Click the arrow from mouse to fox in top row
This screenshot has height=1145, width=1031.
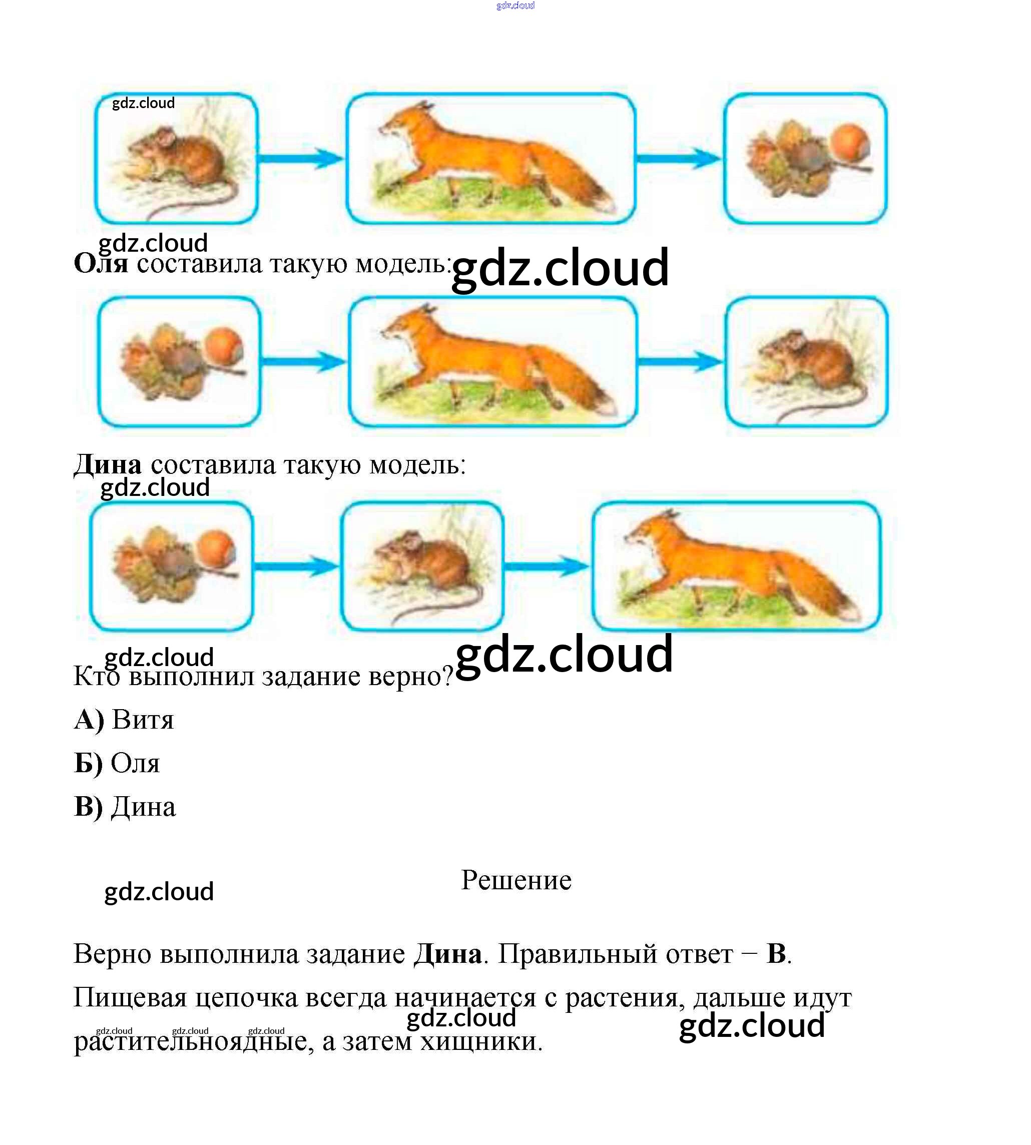[301, 159]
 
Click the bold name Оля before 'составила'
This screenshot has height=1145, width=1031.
[101, 263]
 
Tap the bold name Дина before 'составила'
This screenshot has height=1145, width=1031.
[108, 464]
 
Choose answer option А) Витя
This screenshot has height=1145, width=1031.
[124, 720]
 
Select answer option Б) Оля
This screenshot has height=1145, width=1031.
[117, 763]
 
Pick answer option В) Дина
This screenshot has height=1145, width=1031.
[125, 807]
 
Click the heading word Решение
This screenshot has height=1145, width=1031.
[516, 880]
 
